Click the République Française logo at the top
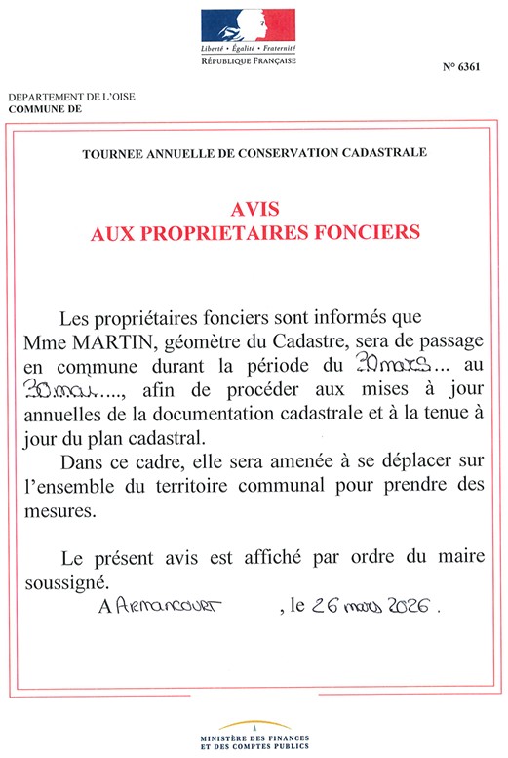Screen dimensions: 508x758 point(248,36)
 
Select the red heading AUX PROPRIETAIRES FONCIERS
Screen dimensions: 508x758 point(255,233)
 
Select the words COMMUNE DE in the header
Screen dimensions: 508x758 point(46,110)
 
